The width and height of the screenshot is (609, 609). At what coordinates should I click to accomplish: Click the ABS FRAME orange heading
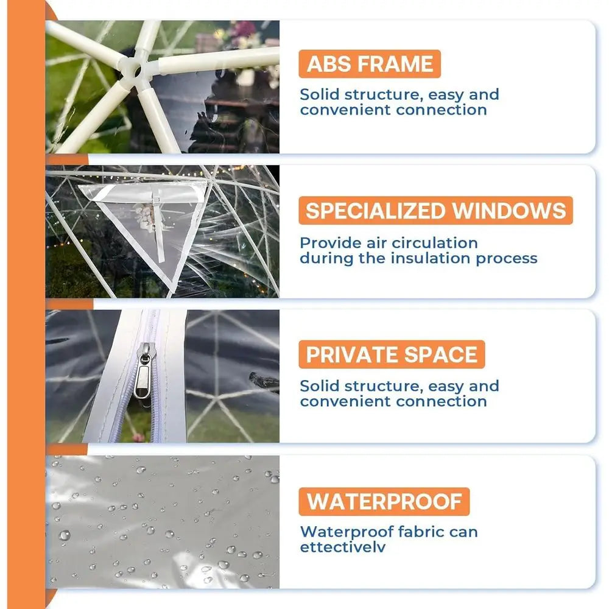point(370,64)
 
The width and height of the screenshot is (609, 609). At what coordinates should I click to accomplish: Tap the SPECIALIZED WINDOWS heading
point(435,211)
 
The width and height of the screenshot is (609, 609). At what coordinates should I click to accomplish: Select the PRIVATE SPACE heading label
point(392,354)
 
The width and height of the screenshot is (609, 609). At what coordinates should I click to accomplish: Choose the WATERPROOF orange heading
point(384,501)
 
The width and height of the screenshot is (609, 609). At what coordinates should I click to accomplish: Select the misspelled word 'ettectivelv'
point(343,547)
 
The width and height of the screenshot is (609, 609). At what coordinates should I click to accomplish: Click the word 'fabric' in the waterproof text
point(421,532)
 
